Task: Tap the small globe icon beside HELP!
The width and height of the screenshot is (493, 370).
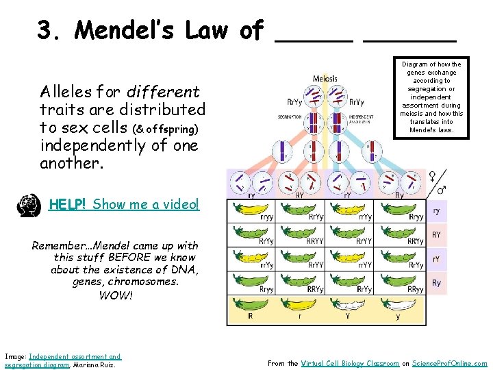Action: pyautogui.click(x=28, y=206)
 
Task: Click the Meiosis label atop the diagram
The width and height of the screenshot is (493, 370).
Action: pyautogui.click(x=325, y=78)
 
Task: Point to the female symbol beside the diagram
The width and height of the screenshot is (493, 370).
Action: pyautogui.click(x=434, y=176)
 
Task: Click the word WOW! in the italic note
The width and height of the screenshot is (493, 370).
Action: pyautogui.click(x=116, y=296)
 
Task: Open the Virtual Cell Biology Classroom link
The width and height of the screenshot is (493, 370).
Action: pyautogui.click(x=350, y=363)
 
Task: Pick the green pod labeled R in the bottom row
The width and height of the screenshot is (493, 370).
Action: pyautogui.click(x=251, y=304)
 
